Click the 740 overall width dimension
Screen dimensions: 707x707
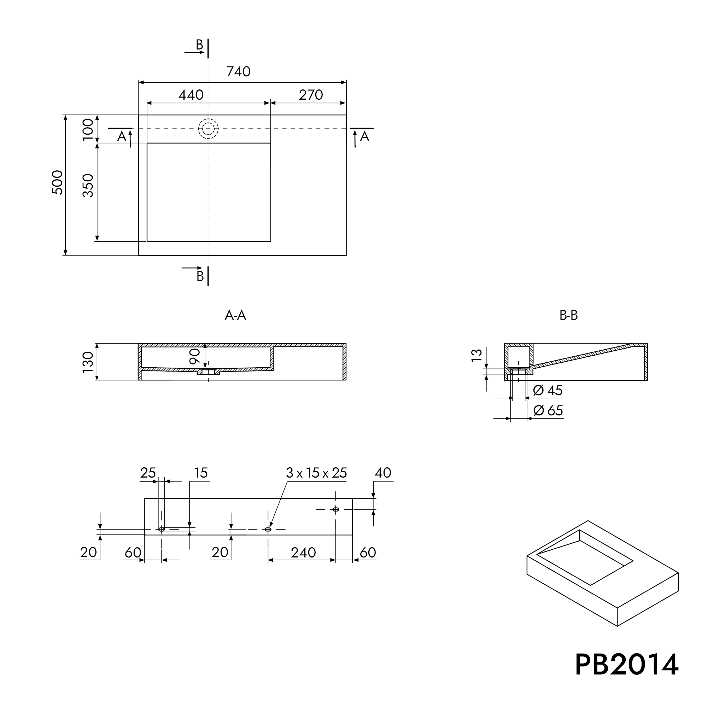[238, 71]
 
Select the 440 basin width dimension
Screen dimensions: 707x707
[191, 95]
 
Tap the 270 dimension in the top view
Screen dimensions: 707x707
[311, 95]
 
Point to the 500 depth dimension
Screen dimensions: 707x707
[58, 182]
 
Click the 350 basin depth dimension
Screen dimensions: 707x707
[88, 186]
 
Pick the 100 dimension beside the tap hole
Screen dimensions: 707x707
[88, 129]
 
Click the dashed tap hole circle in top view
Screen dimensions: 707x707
[208, 128]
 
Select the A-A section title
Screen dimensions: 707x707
[235, 315]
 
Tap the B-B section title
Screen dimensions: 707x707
[568, 315]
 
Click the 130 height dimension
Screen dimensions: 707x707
[88, 362]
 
